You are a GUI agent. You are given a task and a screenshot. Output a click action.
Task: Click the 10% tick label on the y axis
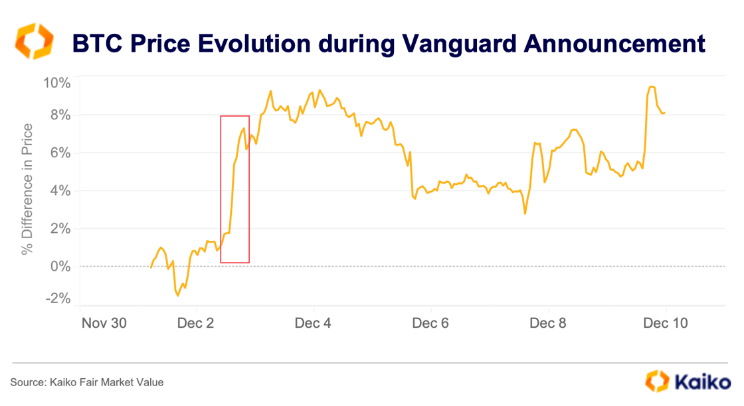point(57,83)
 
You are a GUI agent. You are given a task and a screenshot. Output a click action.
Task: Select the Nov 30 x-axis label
point(103,323)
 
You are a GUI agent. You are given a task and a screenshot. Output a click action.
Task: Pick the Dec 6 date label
point(431,323)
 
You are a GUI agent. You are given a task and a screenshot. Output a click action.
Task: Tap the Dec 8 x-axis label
point(548,323)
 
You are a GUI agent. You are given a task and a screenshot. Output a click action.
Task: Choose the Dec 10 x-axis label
point(665,323)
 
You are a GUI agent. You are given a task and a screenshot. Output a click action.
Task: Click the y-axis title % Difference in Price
point(27,189)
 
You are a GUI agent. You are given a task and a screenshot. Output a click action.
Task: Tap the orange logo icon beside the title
point(31,41)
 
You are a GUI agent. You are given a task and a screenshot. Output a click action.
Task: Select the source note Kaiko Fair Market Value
point(86,382)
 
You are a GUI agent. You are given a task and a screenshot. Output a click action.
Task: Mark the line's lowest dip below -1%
point(178,295)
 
